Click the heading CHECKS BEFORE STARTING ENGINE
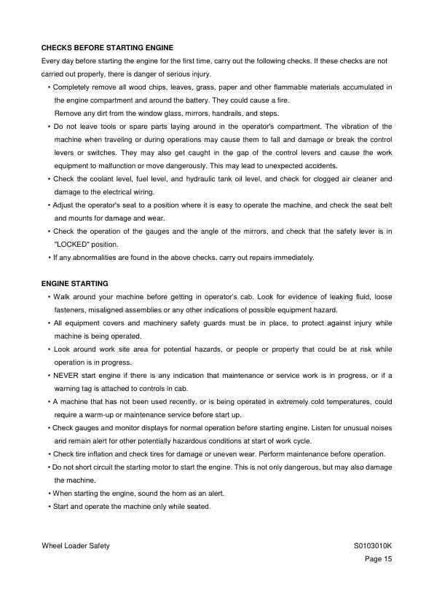[x=107, y=47]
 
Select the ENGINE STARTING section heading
[x=74, y=283]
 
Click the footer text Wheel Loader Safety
[x=76, y=546]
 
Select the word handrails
[x=202, y=113]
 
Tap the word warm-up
[x=98, y=414]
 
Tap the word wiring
[x=143, y=191]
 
